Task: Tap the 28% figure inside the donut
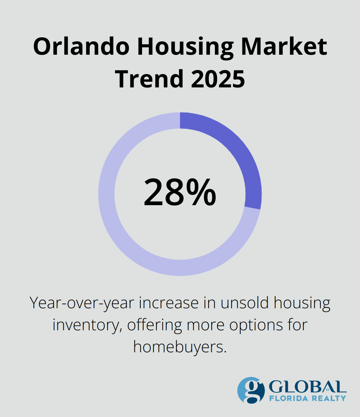tap(180, 192)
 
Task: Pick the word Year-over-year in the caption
tap(82, 303)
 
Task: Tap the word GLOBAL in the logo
tap(307, 387)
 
